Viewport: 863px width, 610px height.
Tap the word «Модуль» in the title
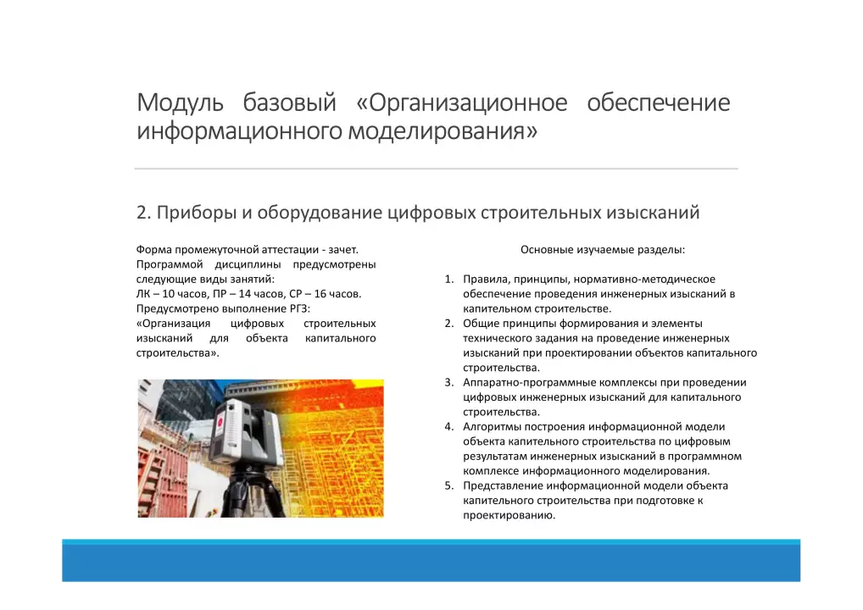coord(180,103)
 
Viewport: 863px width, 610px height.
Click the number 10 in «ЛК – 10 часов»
coord(169,294)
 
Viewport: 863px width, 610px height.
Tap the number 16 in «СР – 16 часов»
coord(320,294)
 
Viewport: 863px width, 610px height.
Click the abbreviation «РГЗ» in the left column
coord(298,308)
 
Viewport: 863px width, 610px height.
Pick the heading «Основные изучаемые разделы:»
coord(603,250)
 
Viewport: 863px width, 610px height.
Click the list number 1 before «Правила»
coord(449,280)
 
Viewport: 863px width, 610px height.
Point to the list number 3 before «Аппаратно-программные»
coord(449,383)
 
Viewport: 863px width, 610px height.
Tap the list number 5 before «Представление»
coord(449,486)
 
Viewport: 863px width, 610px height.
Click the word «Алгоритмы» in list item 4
coord(492,427)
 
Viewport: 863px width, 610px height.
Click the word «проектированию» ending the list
coord(509,516)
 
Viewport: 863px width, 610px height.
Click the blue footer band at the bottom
coord(431,561)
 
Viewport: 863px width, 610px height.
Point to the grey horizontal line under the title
coord(436,169)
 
